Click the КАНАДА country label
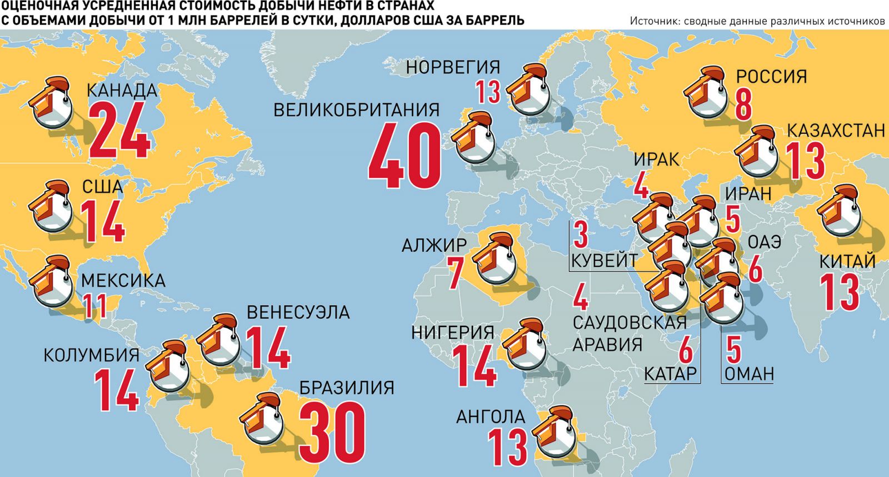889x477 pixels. (122, 90)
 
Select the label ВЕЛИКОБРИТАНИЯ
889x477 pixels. (356, 109)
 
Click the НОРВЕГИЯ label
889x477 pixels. (453, 67)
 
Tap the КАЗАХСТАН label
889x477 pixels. (835, 131)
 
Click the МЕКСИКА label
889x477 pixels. (123, 281)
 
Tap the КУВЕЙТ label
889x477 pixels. (603, 260)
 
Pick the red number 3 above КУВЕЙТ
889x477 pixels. (581, 235)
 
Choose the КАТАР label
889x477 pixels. (670, 374)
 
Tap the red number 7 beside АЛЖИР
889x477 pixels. (456, 271)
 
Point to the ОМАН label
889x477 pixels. (749, 374)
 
